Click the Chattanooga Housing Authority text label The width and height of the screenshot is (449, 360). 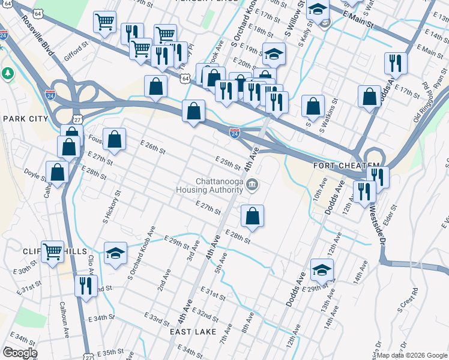pos(207,185)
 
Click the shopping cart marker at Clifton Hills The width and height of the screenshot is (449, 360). pos(53,251)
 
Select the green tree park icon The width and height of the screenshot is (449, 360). pos(8,74)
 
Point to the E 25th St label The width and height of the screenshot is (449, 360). pos(228,163)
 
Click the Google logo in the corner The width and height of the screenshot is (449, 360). pos(20,353)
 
